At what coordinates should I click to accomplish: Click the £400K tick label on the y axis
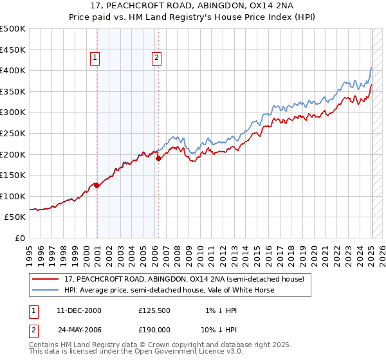point(13,70)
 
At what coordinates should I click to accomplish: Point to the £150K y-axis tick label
point(13,175)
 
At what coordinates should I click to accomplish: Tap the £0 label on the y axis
point(19,238)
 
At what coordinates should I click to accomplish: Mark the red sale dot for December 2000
point(96,185)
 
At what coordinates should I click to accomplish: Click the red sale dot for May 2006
point(158,158)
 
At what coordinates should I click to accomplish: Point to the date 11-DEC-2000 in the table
point(79,310)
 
